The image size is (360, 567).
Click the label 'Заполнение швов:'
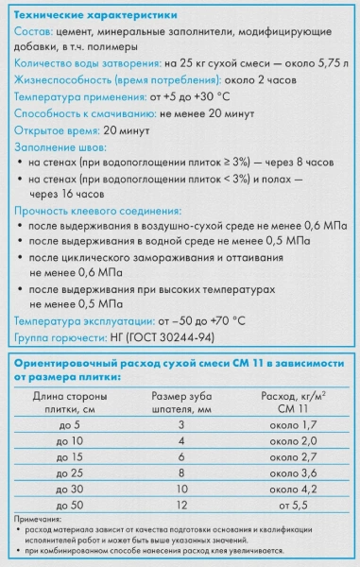point(60,148)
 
